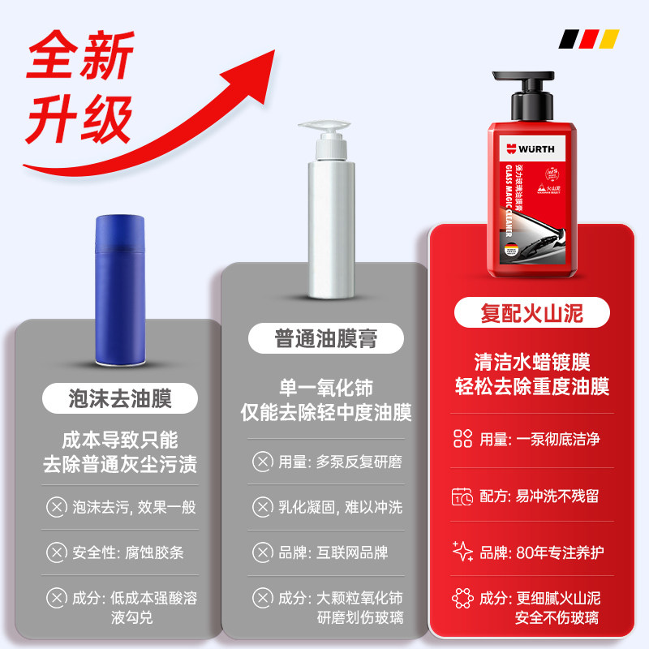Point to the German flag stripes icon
point(590,38)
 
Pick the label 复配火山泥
point(531,312)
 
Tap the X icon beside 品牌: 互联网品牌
point(262,553)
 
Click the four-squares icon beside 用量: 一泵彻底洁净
point(462,440)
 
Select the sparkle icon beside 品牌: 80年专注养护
point(462,552)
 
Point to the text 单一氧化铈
point(324,387)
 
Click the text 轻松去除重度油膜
point(531,386)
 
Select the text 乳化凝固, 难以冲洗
point(340,508)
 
